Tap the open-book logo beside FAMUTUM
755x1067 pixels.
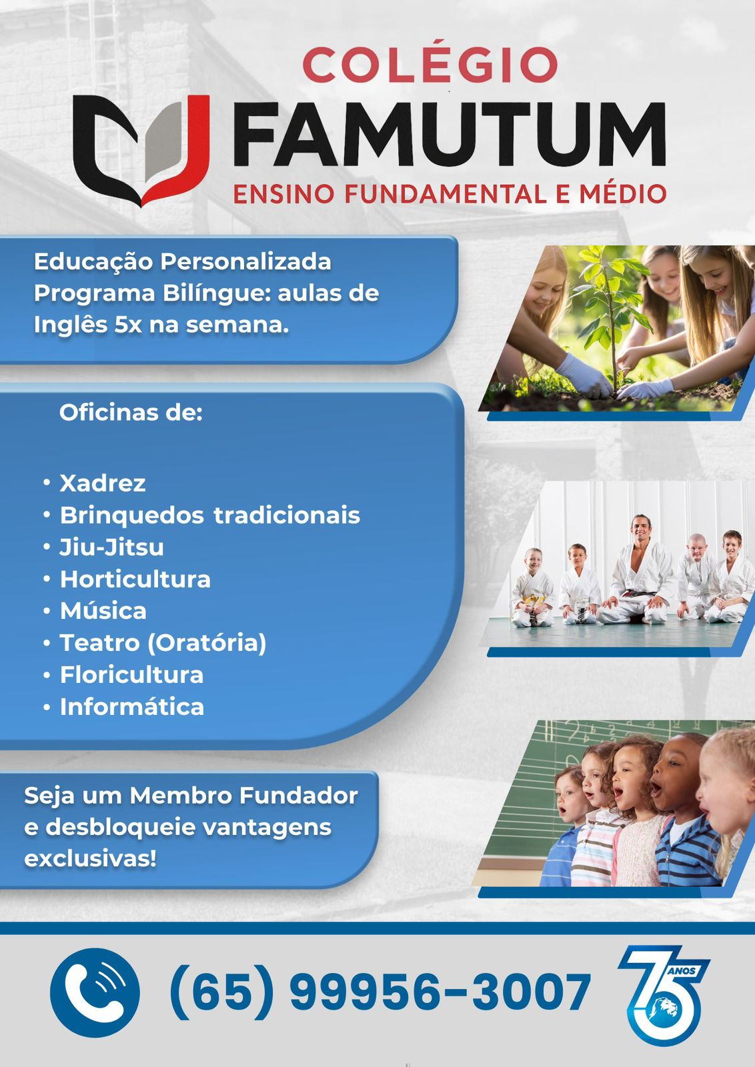[141, 151]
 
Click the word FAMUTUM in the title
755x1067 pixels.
[449, 135]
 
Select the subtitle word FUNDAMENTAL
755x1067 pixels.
[446, 194]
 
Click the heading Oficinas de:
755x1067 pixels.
[131, 413]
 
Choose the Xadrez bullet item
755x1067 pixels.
[103, 483]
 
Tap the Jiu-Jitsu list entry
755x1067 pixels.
[111, 547]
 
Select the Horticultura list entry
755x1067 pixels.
[135, 580]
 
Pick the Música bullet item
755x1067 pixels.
[103, 611]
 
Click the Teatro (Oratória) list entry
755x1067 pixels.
[163, 643]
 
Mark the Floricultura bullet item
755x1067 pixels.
[131, 675]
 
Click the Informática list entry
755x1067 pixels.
[132, 707]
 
